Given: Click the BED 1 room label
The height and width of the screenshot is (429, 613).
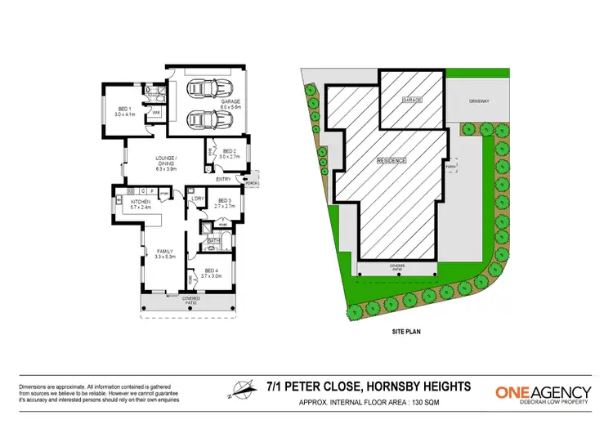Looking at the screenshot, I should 122,110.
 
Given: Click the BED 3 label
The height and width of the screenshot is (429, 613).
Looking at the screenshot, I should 223,203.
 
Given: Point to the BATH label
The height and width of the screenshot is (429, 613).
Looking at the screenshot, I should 212,242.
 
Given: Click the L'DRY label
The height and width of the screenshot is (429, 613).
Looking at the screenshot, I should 196,199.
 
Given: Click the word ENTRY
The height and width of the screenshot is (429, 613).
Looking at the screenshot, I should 223,179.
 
